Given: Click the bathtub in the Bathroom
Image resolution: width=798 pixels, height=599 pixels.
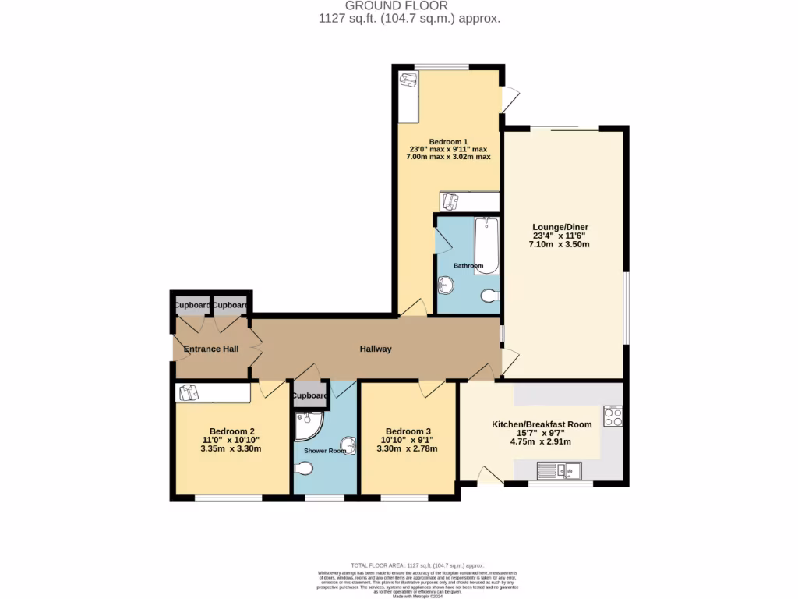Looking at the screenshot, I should [486, 245].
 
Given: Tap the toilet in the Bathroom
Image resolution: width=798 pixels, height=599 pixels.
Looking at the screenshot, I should [489, 296].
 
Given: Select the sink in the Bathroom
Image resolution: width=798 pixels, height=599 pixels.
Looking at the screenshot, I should [447, 286].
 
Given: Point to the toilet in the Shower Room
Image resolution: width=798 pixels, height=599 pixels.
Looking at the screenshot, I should [305, 469].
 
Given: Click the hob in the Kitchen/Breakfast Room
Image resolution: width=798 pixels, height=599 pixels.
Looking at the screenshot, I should [613, 416].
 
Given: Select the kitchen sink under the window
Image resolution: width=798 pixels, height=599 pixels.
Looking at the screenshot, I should [559, 470].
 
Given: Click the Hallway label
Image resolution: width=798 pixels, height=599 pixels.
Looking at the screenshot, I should [375, 349].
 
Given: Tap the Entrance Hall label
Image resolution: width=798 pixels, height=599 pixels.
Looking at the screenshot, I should [211, 349].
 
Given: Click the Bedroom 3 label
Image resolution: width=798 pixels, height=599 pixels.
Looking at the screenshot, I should [408, 431].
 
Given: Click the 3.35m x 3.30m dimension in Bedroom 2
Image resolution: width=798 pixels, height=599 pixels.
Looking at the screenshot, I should [231, 448].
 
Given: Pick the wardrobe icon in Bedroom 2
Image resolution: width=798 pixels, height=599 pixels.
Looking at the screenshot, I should [188, 392].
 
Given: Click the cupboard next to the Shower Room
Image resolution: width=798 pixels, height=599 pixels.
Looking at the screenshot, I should [309, 395].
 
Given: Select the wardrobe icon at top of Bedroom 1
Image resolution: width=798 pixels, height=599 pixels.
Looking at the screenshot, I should [408, 80].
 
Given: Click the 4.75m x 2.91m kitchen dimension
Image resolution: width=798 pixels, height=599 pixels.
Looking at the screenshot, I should [540, 441].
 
